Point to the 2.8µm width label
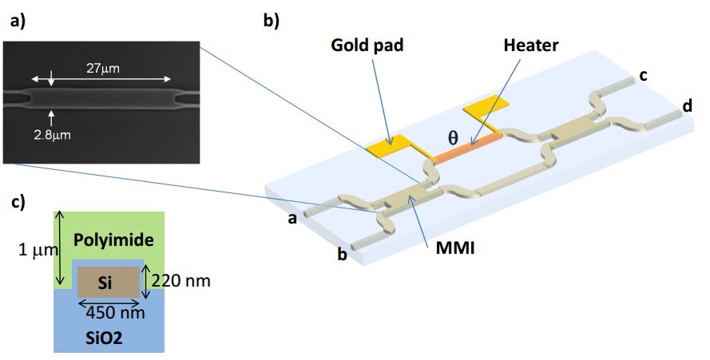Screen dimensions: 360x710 tap(54, 135)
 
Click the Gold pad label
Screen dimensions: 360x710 tap(367, 45)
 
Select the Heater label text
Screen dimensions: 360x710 tap(530, 45)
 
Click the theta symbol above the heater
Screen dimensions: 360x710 tap(452, 136)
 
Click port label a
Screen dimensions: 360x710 tap(293, 219)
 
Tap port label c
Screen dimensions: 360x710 tap(643, 77)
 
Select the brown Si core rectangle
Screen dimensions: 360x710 tap(107, 283)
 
